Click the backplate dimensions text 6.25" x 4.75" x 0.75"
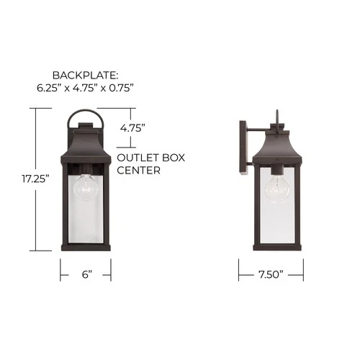click(x=86, y=88)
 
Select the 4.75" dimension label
click(x=133, y=127)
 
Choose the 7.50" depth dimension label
click(x=271, y=274)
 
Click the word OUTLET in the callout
click(x=135, y=158)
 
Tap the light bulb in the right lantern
click(x=277, y=189)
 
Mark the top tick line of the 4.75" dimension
click(x=115, y=109)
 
